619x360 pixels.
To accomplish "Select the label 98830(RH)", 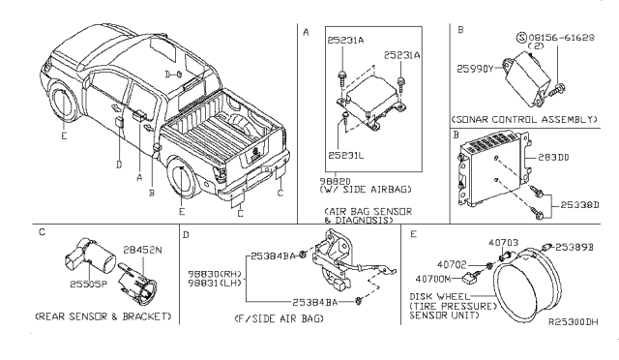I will coord(210,274).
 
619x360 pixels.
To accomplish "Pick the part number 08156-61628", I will coord(565,36).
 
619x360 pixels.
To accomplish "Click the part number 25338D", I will coord(571,205).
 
